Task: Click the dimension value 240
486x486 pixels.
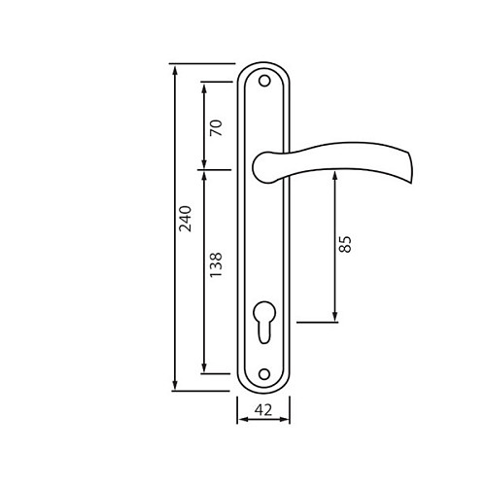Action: [186, 219]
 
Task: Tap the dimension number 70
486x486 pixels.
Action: [216, 128]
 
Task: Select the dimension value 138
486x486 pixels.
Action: [216, 264]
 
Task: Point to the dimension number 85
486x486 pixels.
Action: [345, 244]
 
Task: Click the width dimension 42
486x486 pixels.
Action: [263, 410]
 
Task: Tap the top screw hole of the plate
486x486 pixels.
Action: [264, 81]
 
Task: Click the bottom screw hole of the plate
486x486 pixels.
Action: [264, 374]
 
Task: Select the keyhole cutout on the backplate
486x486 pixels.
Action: [264, 322]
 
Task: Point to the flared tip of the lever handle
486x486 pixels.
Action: [409, 166]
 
